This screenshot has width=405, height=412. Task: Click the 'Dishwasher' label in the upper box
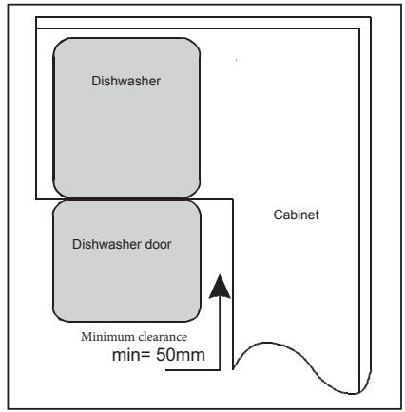(x=126, y=83)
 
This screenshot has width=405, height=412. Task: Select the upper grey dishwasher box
(x=126, y=116)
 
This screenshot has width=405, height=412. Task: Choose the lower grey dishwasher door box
(x=126, y=260)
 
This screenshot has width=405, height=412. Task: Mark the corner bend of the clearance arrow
(x=221, y=368)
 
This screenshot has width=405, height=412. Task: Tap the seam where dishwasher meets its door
(x=126, y=197)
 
